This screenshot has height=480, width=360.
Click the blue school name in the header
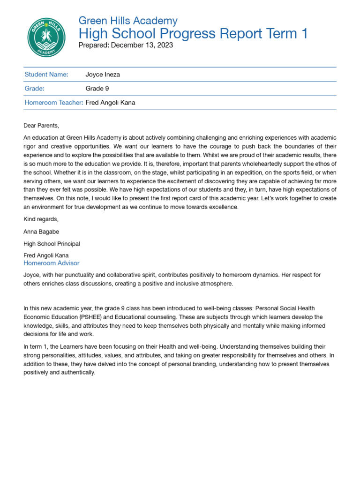[128, 21]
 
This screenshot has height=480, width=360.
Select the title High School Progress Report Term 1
[193, 34]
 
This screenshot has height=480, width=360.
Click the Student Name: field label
[46, 75]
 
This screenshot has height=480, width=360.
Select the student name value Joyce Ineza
[103, 75]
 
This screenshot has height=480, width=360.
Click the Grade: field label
[34, 89]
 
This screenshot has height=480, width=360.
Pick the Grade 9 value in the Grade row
[97, 89]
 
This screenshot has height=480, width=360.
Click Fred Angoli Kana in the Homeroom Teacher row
[110, 103]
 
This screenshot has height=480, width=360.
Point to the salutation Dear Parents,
[42, 126]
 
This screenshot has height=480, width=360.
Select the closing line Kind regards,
[41, 219]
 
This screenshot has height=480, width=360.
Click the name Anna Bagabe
[41, 232]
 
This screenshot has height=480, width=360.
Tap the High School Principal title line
[52, 244]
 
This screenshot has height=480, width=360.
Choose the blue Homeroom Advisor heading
[52, 263]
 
